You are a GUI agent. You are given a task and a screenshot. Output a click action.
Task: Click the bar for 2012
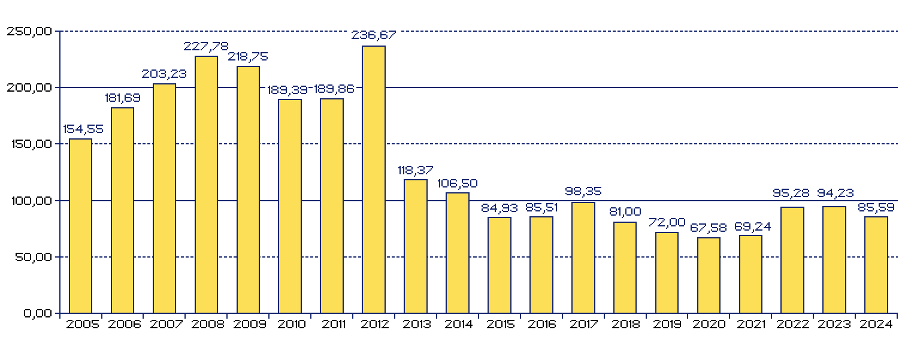pyautogui.click(x=374, y=180)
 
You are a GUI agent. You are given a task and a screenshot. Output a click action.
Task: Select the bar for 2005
pyautogui.click(x=81, y=226)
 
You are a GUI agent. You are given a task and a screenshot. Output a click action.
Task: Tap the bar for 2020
pyautogui.click(x=709, y=276)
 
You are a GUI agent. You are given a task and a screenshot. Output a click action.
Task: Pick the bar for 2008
pyautogui.click(x=207, y=184)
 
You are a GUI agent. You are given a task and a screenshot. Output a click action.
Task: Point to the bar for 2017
pyautogui.click(x=583, y=258)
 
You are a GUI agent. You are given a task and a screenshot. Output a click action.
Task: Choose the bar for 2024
pyautogui.click(x=876, y=265)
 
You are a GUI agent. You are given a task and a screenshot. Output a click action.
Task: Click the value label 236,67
pyautogui.click(x=374, y=35)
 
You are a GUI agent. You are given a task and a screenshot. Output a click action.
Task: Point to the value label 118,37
pyautogui.click(x=416, y=170)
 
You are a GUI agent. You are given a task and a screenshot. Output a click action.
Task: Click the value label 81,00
pyautogui.click(x=625, y=211)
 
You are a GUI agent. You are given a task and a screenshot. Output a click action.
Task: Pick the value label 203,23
pyautogui.click(x=164, y=74)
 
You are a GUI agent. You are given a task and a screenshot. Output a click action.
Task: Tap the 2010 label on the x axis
pyautogui.click(x=290, y=325)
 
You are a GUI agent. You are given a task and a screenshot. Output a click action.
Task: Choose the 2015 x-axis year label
pyautogui.click(x=500, y=325)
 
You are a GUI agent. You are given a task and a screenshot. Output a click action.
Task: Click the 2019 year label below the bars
pyautogui.click(x=667, y=325)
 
